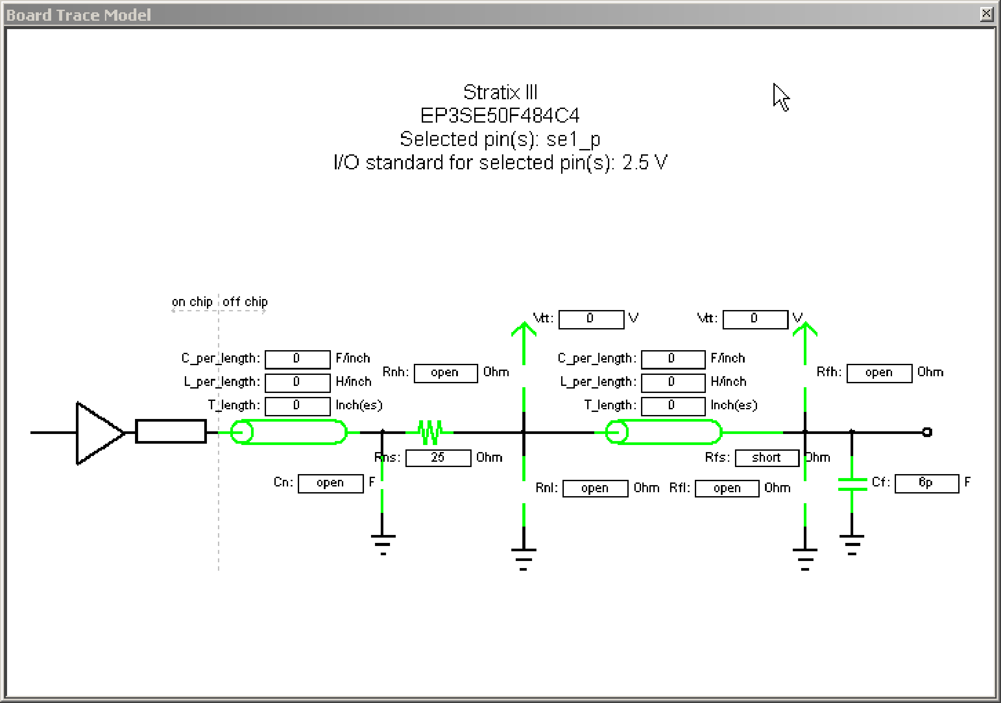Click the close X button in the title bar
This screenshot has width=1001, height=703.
tap(986, 14)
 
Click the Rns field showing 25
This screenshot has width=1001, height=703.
tap(438, 458)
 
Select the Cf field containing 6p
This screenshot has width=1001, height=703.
tap(926, 483)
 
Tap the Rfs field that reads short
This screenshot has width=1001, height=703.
tap(767, 458)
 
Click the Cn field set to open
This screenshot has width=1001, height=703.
tap(330, 483)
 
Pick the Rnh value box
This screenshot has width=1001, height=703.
tap(446, 373)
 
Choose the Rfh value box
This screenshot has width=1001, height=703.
tap(879, 373)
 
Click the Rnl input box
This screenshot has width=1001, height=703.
tap(595, 489)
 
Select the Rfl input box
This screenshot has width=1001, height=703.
tap(727, 489)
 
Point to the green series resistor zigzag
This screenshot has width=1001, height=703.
tap(430, 432)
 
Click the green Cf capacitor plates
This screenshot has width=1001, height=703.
tap(852, 484)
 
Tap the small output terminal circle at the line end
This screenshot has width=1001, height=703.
tap(927, 432)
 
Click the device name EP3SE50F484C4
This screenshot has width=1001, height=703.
tap(500, 116)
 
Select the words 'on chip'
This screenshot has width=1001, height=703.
tap(192, 302)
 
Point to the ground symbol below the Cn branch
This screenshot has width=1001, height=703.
tap(382, 544)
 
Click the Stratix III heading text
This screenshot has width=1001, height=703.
tap(500, 93)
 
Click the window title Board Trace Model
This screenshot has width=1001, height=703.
tap(79, 15)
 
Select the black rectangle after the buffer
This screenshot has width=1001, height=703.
tap(171, 431)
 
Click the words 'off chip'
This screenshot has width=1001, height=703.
tap(245, 302)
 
